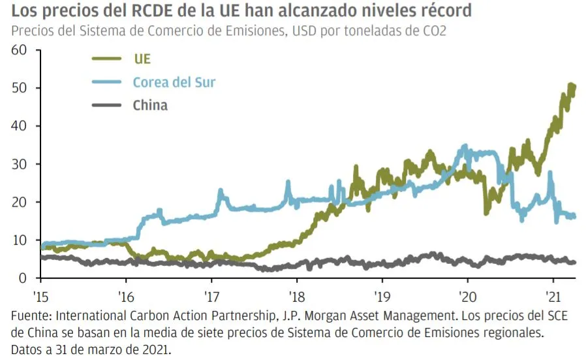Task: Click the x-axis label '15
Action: (x=41, y=293)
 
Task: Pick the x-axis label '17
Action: (x=211, y=293)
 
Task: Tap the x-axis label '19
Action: (x=382, y=293)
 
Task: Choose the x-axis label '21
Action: (x=553, y=293)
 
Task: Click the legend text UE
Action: (x=142, y=59)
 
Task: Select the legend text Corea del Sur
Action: (x=174, y=82)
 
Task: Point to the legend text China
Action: (x=149, y=105)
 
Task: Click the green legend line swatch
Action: (x=106, y=59)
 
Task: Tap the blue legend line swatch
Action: (x=106, y=82)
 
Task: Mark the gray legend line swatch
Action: (x=106, y=105)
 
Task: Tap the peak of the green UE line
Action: (x=571, y=86)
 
